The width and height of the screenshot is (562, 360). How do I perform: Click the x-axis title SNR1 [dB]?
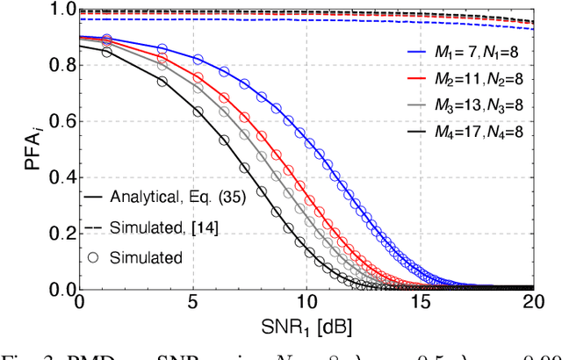pyautogui.click(x=306, y=327)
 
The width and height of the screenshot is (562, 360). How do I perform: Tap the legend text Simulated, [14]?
pyautogui.click(x=166, y=227)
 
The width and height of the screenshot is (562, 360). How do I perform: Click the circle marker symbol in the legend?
pyautogui.click(x=94, y=257)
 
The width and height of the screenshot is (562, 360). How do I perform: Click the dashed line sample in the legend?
pyautogui.click(x=94, y=227)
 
